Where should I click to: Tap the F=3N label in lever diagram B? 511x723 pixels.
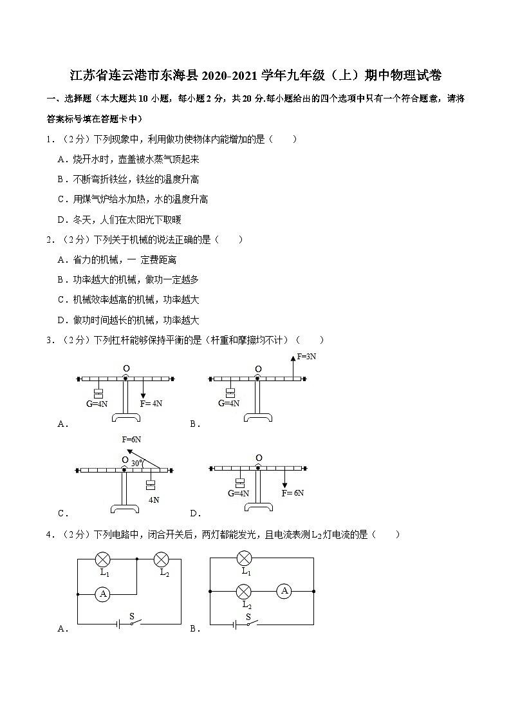[306, 356]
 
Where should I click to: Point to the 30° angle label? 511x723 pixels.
[137, 463]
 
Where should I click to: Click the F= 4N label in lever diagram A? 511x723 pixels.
[151, 404]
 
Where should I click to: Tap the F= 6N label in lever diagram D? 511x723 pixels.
[293, 493]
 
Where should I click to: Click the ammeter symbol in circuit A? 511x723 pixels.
[101, 594]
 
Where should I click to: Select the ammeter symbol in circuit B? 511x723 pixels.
[285, 590]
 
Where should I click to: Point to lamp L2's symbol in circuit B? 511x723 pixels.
[244, 590]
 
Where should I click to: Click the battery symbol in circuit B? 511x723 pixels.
[234, 624]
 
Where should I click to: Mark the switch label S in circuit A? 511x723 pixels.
[132, 615]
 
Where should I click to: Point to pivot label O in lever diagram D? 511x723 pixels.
[258, 458]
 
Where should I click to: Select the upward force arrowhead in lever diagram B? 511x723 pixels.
[293, 358]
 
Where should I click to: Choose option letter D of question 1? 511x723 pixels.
[62, 220]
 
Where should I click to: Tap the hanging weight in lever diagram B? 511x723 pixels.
[230, 393]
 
